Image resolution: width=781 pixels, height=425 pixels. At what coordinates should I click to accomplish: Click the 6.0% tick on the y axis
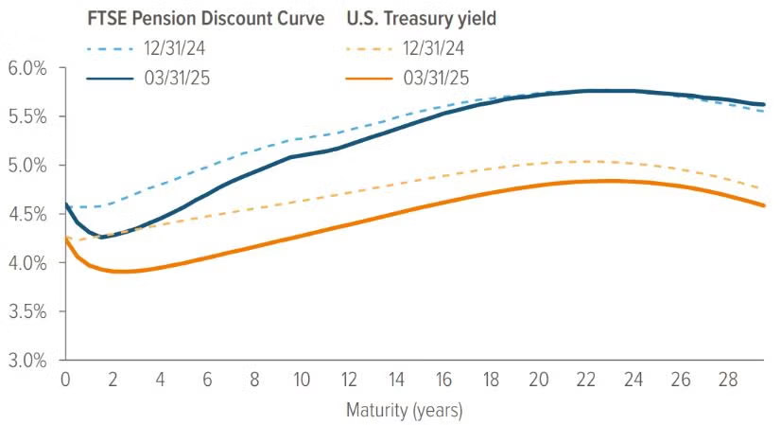coord(28,68)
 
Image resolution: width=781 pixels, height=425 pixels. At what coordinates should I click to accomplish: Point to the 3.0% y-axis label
coord(28,361)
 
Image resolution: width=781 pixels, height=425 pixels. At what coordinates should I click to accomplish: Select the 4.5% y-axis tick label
coord(28,214)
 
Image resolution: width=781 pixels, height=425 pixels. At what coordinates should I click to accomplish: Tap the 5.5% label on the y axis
coord(28,117)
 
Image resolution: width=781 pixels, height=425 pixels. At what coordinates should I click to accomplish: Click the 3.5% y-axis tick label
coord(28,311)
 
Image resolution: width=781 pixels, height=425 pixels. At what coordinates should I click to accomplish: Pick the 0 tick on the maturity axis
coord(65,380)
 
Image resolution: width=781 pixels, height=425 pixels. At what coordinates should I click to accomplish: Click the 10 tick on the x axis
coord(302,380)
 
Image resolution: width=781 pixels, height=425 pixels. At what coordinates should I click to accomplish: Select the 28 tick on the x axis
coord(728,380)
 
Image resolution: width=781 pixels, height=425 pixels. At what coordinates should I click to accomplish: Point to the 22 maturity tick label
coord(586,380)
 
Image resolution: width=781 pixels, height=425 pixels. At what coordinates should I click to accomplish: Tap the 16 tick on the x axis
coord(444,380)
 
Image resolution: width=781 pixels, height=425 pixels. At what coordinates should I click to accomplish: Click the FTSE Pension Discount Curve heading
coord(204,19)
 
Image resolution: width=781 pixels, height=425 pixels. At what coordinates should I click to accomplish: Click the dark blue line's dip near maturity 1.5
coord(102,237)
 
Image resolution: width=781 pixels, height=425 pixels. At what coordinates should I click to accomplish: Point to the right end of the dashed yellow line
coord(763,188)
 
